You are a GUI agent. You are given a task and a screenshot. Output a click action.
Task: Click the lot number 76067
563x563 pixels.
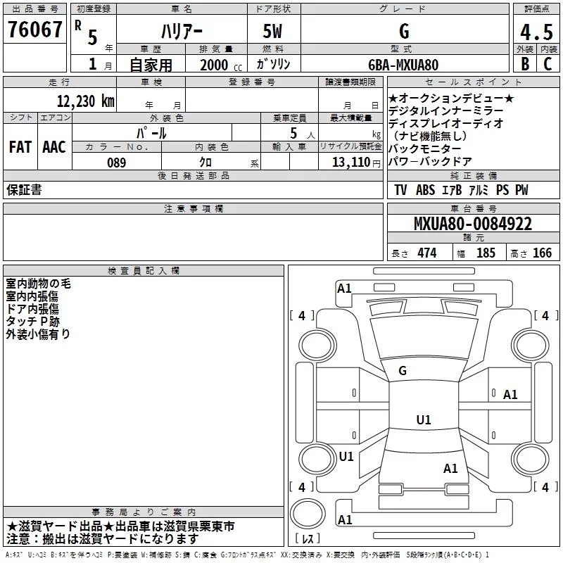[34, 30]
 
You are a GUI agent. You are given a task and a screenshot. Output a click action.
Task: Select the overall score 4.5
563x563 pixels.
[536, 32]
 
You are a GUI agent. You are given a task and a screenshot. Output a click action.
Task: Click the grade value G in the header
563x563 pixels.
[403, 32]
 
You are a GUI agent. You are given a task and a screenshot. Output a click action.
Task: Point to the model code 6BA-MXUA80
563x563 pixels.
[403, 65]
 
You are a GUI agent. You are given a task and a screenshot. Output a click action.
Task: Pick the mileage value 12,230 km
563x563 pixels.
[85, 101]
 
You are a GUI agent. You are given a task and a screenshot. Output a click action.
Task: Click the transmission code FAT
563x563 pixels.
[20, 146]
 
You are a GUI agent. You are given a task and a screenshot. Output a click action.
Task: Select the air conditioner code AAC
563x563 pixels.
[54, 146]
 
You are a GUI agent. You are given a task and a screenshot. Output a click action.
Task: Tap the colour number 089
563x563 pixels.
[116, 163]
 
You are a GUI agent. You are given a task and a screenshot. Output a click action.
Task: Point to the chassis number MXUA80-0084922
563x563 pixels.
[473, 224]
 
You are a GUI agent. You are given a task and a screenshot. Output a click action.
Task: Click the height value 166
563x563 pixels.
[542, 253]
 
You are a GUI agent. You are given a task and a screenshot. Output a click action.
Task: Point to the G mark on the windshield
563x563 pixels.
[403, 371]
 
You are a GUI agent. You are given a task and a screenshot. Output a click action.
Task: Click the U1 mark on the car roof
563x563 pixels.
[423, 419]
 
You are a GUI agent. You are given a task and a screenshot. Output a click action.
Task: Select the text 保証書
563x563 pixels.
[24, 190]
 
